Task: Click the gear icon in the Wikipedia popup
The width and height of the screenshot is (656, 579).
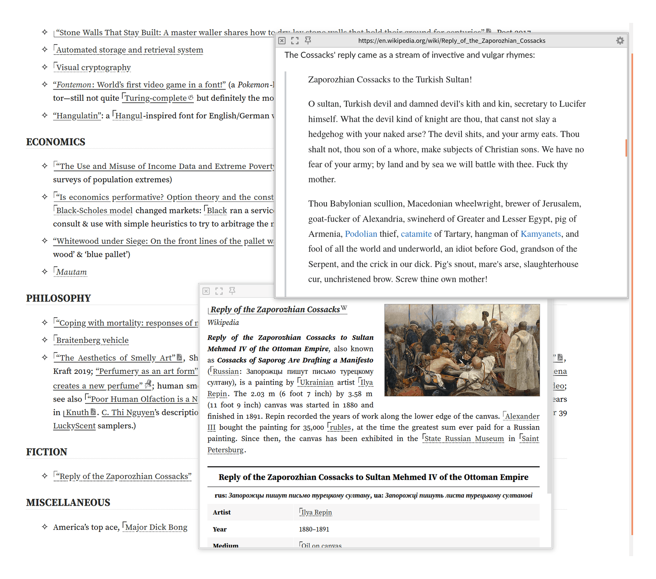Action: [x=620, y=40]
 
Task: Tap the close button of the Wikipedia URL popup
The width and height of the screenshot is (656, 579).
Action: [x=282, y=40]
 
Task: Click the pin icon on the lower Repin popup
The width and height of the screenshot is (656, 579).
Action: [x=232, y=291]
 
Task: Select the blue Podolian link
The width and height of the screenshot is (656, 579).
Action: [x=361, y=234]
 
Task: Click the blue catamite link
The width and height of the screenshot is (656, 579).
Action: [x=416, y=234]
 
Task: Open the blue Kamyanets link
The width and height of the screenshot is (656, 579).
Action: [x=540, y=234]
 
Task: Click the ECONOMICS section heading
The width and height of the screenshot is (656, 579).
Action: [x=56, y=142]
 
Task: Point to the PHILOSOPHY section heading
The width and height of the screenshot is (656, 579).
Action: [x=58, y=298]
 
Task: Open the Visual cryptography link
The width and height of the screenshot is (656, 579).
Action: [x=93, y=68]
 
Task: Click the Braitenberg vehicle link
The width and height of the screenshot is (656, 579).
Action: [x=92, y=340]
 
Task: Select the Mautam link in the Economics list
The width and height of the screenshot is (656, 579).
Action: [x=71, y=272]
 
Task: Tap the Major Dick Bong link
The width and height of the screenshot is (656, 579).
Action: [x=156, y=527]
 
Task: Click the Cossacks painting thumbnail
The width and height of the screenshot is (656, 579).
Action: [x=462, y=350]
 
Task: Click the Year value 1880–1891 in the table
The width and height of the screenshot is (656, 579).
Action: [x=314, y=529]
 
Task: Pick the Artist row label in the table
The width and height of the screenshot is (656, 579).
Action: [x=222, y=512]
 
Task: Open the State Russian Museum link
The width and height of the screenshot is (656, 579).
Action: [x=464, y=439]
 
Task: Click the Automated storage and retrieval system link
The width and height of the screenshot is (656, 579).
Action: [x=129, y=50]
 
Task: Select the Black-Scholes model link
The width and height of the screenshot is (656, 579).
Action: [x=94, y=211]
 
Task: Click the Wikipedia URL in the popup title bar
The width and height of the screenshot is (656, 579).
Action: [x=452, y=40]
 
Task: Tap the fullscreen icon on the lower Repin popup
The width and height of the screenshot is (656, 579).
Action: [x=219, y=291]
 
